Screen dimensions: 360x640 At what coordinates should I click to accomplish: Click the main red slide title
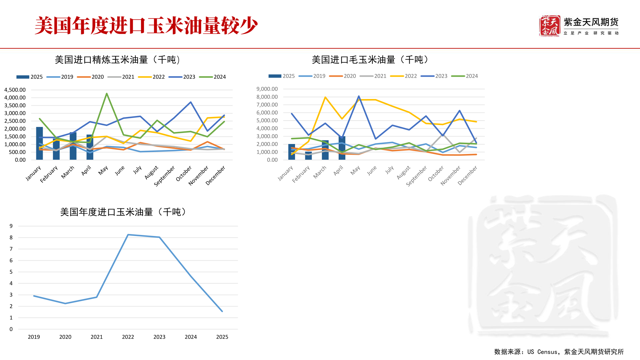click(146, 26)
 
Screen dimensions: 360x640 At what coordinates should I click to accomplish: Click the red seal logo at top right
click(549, 26)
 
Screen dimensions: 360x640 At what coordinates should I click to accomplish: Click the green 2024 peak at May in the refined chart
click(107, 94)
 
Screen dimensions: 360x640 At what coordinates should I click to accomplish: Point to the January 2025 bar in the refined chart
click(39, 143)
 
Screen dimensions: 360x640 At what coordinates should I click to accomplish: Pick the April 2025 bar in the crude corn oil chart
click(342, 148)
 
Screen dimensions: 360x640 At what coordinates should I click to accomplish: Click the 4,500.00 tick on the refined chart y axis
click(15, 90)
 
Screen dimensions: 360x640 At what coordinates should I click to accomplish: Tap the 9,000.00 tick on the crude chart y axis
click(267, 89)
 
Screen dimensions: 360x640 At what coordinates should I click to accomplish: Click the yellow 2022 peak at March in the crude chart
click(325, 97)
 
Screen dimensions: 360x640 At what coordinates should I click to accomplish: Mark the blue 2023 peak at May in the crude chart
click(359, 96)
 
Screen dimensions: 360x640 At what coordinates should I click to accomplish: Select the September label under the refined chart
click(164, 176)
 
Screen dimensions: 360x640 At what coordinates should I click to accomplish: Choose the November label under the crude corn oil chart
click(450, 176)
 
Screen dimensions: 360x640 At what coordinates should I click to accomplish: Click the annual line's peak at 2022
click(128, 235)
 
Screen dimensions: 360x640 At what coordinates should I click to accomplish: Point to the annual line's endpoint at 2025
click(222, 311)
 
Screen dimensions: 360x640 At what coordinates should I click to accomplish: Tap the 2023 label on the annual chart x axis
click(159, 337)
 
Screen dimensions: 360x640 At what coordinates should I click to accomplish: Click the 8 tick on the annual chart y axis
click(11, 238)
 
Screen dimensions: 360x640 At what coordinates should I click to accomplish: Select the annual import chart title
click(123, 212)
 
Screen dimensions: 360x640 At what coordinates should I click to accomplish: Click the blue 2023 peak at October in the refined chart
click(191, 102)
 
